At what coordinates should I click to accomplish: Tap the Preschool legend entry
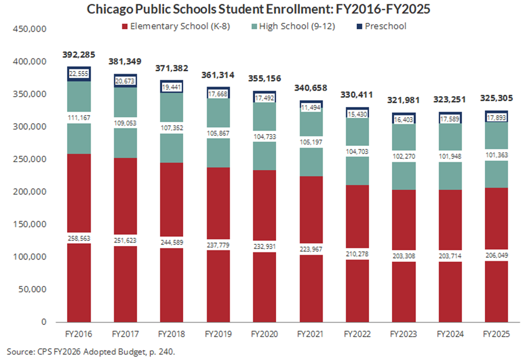(385, 26)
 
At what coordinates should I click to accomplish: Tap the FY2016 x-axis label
(78, 334)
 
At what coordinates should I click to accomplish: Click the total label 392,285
(78, 55)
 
